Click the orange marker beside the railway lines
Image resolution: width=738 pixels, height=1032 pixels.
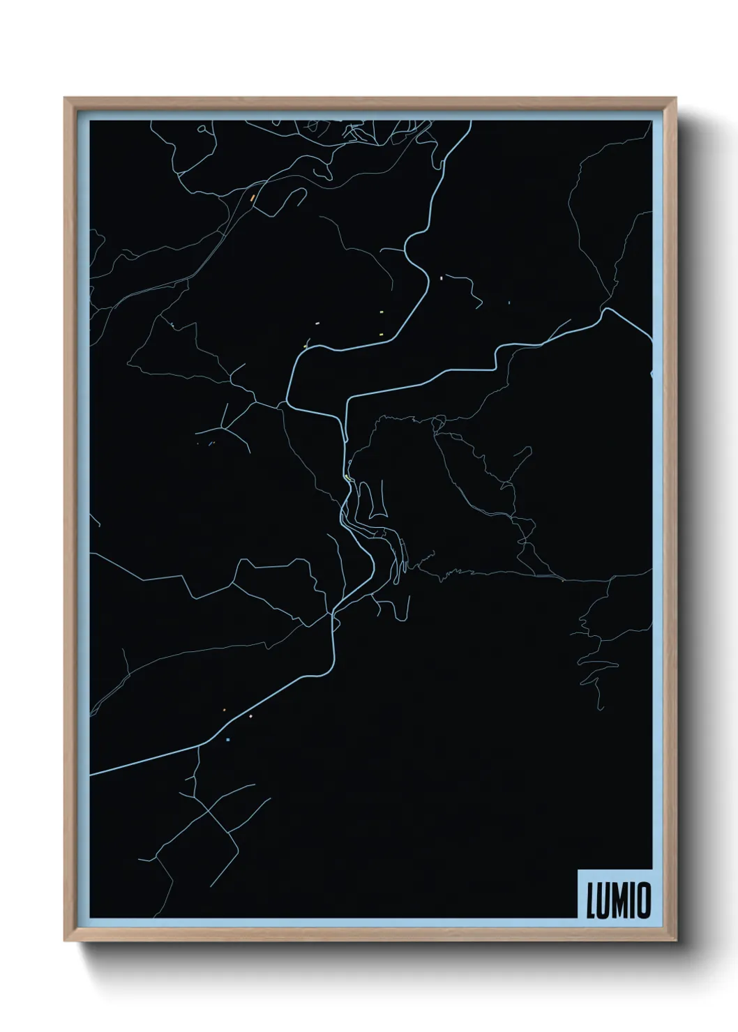pos(253,197)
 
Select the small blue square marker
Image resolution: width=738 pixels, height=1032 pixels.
pos(228,739)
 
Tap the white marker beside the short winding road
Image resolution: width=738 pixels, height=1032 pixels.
pos(442,278)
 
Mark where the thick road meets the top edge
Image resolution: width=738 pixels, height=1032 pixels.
pos(470,121)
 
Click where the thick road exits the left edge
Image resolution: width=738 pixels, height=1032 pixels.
pos(91,773)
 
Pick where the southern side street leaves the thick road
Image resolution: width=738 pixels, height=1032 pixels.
pos(199,746)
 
